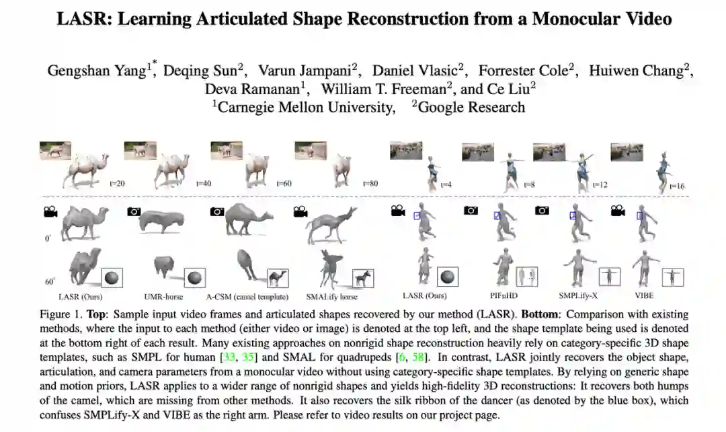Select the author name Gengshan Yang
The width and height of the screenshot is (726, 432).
tap(97, 71)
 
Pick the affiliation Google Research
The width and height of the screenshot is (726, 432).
tap(471, 106)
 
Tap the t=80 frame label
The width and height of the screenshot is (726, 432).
tap(370, 182)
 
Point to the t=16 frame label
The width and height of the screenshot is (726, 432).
tap(676, 185)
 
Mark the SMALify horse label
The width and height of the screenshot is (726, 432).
tap(332, 296)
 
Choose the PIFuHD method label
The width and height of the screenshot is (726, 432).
tap(503, 295)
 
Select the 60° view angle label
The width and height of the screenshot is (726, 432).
tap(48, 281)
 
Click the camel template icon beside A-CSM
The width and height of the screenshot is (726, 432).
tap(277, 277)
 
